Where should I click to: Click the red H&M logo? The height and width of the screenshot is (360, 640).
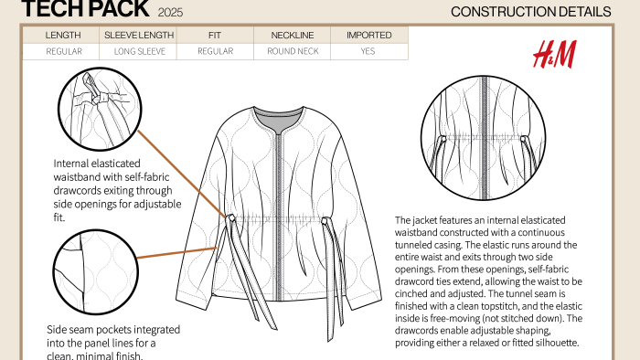coord(554,54)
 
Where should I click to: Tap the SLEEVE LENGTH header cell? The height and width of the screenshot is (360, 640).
coord(138,35)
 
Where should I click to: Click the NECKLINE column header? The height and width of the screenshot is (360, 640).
coord(293,35)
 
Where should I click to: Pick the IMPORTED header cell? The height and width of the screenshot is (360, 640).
coord(369,35)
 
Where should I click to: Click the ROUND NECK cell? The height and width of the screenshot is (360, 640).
coord(293,51)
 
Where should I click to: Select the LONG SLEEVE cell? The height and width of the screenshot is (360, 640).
coord(138,51)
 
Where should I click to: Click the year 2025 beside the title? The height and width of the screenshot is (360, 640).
coord(170,13)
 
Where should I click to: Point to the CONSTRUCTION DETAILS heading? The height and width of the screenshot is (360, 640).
coord(530,12)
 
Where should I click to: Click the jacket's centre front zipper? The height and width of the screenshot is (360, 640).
coord(279,216)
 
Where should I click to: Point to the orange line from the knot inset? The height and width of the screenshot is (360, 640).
coord(182,174)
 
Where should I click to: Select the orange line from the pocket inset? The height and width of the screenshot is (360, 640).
coord(176,252)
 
